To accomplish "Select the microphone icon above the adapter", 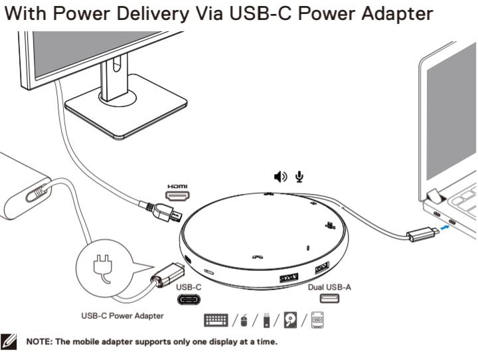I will point(300,177).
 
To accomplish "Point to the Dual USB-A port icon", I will point(330,299).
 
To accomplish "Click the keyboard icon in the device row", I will point(217,321).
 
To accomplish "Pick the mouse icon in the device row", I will point(244,321).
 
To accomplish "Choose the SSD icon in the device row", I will point(317,321).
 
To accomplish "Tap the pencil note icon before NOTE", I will point(11,342).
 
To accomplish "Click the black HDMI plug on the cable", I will point(160,211).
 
